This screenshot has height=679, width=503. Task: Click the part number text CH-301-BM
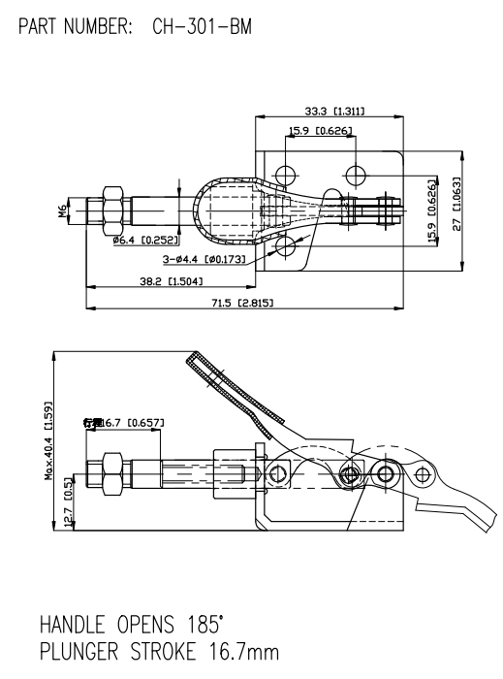202,26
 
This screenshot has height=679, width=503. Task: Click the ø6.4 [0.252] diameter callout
142,240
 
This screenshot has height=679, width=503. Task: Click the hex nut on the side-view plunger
110,473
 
